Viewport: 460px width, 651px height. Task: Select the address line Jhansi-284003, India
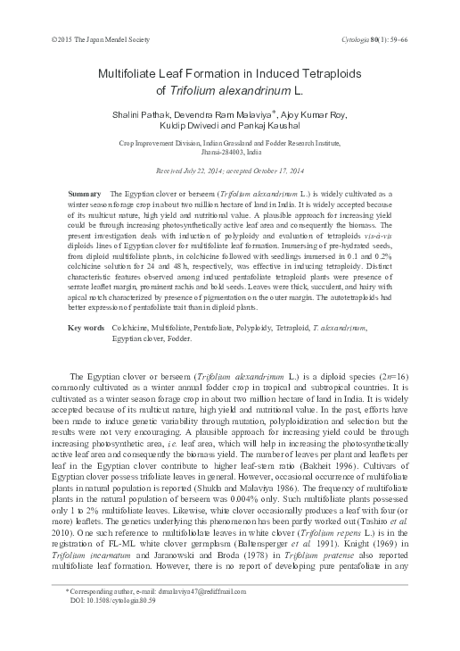[230, 152]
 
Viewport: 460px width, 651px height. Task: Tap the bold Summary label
[85, 194]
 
